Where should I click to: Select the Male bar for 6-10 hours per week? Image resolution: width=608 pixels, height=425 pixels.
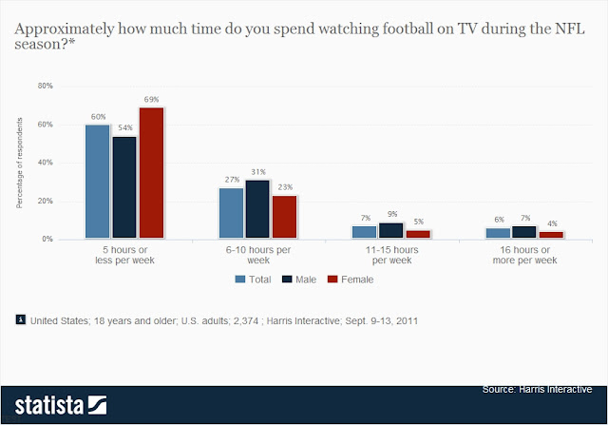coord(257,209)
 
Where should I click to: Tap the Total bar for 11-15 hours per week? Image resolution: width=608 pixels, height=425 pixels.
coord(364,232)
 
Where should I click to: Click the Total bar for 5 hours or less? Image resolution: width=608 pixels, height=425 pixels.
coord(97,182)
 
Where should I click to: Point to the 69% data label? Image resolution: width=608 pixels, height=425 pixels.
coord(151,99)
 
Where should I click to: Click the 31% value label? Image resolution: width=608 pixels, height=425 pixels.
coord(257,171)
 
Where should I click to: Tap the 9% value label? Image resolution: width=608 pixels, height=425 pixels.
coord(391,214)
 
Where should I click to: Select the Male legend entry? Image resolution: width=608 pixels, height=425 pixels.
coord(298,280)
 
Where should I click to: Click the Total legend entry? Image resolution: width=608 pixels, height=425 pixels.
coord(253,280)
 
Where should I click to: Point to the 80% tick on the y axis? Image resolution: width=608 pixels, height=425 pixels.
coord(45,87)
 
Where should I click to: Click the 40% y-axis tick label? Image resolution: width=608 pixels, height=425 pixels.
coord(45,163)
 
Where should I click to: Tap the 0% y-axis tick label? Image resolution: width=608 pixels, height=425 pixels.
coord(47,240)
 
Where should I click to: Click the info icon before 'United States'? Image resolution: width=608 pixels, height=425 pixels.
coord(21,320)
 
